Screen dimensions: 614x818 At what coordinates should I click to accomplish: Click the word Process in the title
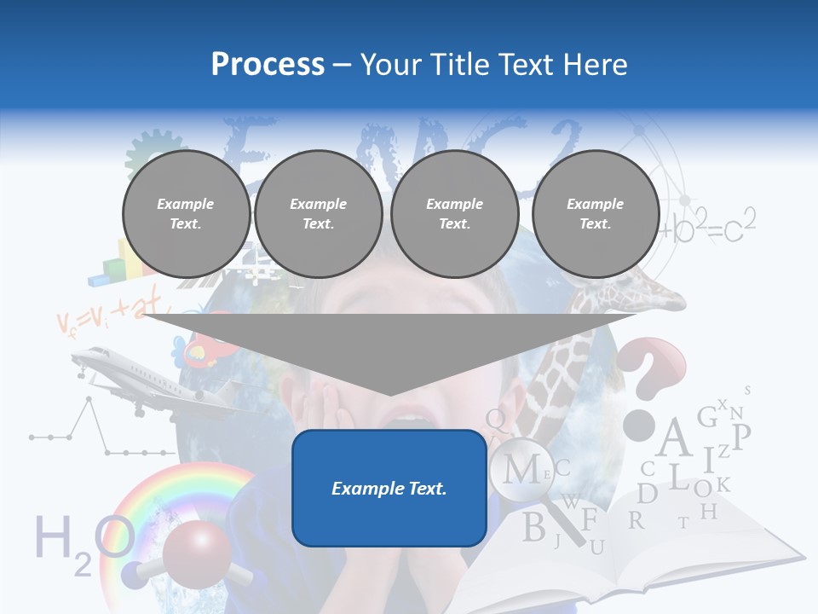[x=268, y=64]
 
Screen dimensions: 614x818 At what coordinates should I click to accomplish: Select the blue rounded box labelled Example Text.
[x=389, y=488]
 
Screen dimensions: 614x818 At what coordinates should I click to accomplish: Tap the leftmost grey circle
[x=186, y=213]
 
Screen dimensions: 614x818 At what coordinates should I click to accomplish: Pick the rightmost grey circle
[x=595, y=213]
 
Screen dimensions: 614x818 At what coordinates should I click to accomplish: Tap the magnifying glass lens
[x=522, y=468]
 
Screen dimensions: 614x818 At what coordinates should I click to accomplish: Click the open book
[x=648, y=554]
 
